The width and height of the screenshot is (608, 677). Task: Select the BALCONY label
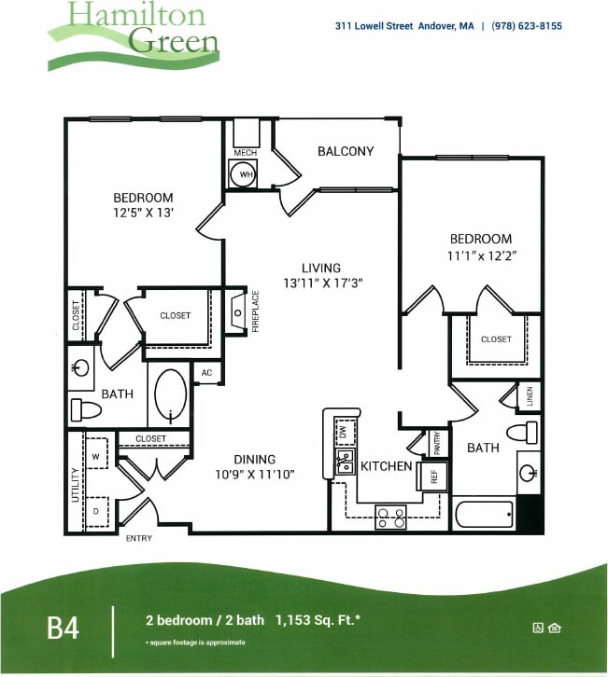346,151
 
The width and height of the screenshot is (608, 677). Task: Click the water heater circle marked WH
245,173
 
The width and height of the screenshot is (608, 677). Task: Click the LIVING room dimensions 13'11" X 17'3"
321,283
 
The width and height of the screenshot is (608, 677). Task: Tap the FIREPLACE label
255,311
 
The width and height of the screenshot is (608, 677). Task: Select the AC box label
206,373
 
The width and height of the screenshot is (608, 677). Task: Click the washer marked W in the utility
96,457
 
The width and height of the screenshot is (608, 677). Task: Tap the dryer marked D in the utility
96,512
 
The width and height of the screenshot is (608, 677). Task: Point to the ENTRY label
138,538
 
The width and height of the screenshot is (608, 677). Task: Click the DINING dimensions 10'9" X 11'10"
255,474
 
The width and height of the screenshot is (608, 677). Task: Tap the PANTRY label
435,442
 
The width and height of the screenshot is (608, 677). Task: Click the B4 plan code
64,627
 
